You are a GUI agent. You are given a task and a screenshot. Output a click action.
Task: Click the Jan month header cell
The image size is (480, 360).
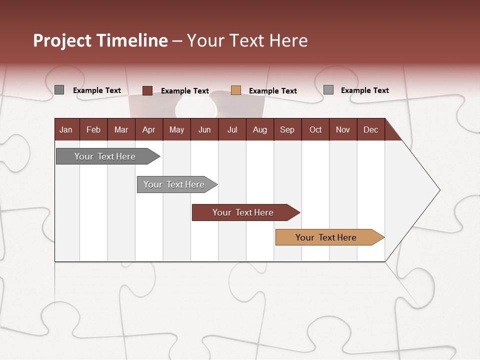66,129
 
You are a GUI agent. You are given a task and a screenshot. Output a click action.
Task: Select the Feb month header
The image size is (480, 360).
93,129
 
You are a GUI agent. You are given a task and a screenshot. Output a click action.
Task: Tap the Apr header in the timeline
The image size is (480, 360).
148,129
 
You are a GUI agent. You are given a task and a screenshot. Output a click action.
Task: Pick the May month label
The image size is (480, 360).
176,129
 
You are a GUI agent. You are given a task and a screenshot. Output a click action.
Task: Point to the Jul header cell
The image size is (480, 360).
232,129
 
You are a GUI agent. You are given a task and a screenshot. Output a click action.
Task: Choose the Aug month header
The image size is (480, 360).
259,129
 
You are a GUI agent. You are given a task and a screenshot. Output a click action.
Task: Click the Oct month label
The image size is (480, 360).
315,129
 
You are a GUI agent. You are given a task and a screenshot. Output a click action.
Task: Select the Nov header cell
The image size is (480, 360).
343,129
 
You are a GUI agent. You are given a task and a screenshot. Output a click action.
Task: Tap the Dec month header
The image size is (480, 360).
371,129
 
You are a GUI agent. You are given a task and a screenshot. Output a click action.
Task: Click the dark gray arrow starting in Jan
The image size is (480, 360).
105,156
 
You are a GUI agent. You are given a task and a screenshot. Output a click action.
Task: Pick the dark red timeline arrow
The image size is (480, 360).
243,212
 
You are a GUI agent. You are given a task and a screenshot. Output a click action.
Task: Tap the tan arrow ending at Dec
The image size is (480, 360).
326,237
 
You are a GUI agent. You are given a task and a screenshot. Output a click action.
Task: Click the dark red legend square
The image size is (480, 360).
147,90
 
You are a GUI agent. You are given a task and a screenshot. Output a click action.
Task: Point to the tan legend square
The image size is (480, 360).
236,90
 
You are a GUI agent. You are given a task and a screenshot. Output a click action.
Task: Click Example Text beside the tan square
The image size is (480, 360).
273,91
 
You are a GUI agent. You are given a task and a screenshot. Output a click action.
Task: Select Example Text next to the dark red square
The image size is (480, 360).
185,91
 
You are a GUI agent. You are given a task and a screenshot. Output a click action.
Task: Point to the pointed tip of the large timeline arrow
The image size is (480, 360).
438,190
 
